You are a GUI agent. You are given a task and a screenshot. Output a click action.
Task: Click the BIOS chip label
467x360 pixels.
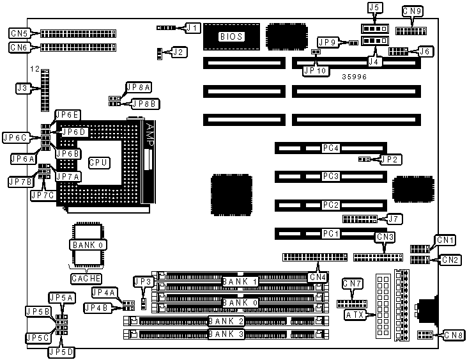tap(231, 36)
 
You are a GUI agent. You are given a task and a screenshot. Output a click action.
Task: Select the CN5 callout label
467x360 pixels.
tap(19, 33)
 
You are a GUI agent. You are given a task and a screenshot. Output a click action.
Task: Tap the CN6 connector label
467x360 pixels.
tap(19, 47)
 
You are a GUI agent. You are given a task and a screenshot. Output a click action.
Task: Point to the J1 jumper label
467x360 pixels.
tap(192, 27)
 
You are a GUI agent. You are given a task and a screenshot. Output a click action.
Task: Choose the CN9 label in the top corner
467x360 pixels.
tap(412, 11)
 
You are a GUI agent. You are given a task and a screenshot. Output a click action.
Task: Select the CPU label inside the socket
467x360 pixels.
tap(97, 163)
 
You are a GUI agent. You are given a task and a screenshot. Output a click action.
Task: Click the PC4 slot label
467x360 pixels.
tap(330, 148)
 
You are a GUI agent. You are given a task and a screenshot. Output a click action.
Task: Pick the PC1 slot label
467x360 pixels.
tap(330, 233)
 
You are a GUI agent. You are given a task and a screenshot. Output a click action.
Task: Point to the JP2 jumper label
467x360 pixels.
tap(390, 159)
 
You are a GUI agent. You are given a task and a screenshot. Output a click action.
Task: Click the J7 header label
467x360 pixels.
tap(395, 219)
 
